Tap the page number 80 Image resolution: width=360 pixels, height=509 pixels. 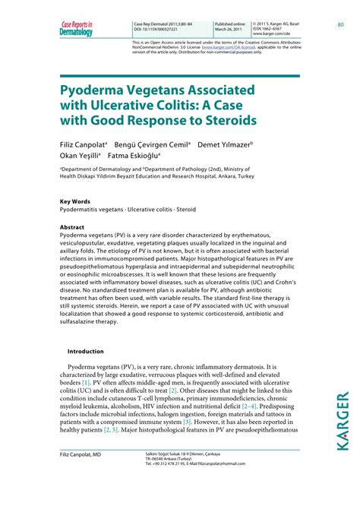point(341,24)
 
